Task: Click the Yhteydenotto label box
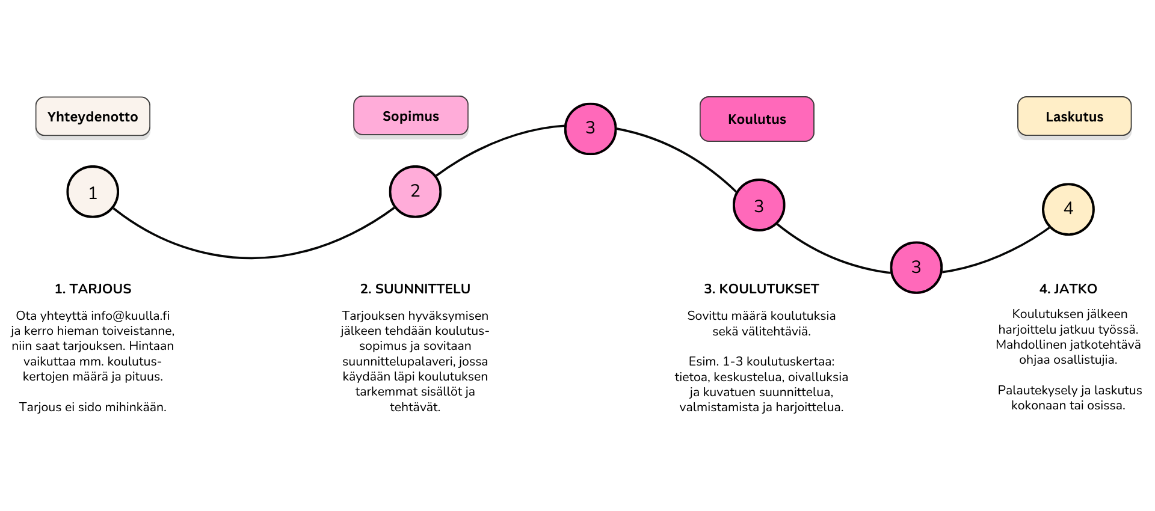click(x=93, y=117)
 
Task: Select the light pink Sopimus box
click(x=411, y=115)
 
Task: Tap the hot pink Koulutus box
click(x=757, y=119)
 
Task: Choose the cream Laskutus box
click(x=1074, y=117)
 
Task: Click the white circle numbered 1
click(x=93, y=192)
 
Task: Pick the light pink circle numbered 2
click(x=415, y=191)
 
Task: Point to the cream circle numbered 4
click(x=1068, y=209)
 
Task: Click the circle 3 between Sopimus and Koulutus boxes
click(x=590, y=128)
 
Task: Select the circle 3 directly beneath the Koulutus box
click(x=759, y=206)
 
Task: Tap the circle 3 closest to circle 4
click(x=916, y=267)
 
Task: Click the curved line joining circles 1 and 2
click(x=253, y=258)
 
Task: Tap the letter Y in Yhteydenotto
click(x=52, y=117)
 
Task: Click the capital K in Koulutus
click(x=732, y=119)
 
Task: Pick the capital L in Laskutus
click(x=1049, y=117)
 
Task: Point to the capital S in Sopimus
click(x=387, y=116)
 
